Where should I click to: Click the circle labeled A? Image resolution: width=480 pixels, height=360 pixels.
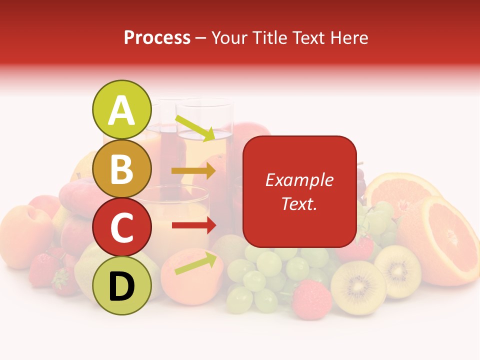click(x=121, y=110)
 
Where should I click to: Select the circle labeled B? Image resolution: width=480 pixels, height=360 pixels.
click(x=121, y=169)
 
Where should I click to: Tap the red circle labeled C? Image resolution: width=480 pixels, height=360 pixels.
click(x=121, y=227)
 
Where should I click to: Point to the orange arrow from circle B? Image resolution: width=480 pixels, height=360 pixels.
click(x=193, y=170)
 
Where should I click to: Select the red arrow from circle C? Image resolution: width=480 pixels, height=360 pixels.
click(x=193, y=225)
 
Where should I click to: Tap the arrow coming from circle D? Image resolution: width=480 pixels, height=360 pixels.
click(x=196, y=263)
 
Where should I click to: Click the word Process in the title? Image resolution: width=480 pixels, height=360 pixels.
click(x=157, y=38)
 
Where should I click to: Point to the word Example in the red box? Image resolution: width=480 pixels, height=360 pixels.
click(x=299, y=180)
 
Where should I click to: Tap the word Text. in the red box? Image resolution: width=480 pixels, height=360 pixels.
click(x=299, y=203)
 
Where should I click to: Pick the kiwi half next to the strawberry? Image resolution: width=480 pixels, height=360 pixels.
click(x=358, y=287)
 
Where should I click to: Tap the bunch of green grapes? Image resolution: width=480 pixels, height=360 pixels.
click(x=260, y=275)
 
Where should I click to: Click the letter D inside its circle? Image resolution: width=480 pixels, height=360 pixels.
click(x=121, y=287)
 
